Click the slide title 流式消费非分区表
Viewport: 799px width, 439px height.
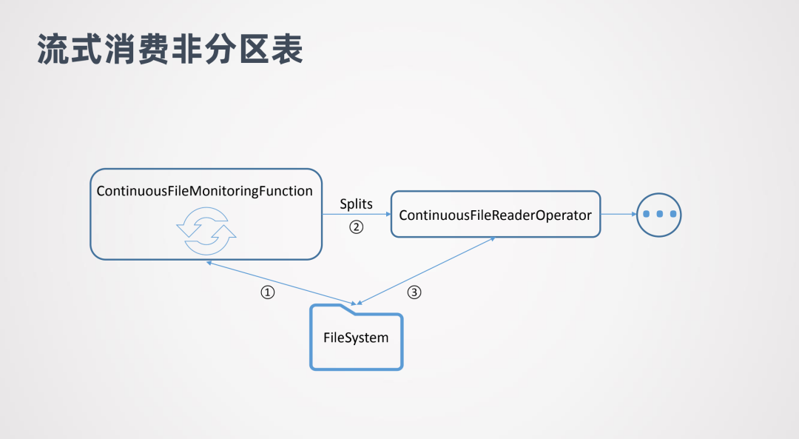(170, 49)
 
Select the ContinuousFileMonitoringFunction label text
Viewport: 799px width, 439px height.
(205, 191)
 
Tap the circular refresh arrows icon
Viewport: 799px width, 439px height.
(206, 229)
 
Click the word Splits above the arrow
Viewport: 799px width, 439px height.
(356, 204)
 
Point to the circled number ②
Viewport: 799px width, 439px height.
(357, 227)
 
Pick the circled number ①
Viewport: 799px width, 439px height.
(268, 292)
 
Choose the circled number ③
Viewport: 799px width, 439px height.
(414, 292)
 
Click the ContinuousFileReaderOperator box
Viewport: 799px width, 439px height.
(495, 215)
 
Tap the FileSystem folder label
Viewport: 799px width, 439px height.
(356, 338)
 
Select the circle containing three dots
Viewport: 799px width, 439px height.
(658, 215)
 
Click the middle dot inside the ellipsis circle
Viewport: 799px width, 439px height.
(658, 215)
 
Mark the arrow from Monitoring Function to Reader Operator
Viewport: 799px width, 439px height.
(356, 215)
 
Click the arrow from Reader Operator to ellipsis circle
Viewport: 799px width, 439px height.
(618, 215)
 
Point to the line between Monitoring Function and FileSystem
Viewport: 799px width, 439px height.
(281, 282)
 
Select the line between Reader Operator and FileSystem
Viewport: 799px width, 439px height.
(425, 271)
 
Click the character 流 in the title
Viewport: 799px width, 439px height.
(53, 49)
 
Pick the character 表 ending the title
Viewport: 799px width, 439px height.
(288, 49)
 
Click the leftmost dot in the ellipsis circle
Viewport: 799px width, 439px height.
(646, 215)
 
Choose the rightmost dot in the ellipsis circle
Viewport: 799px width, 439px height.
(671, 215)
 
